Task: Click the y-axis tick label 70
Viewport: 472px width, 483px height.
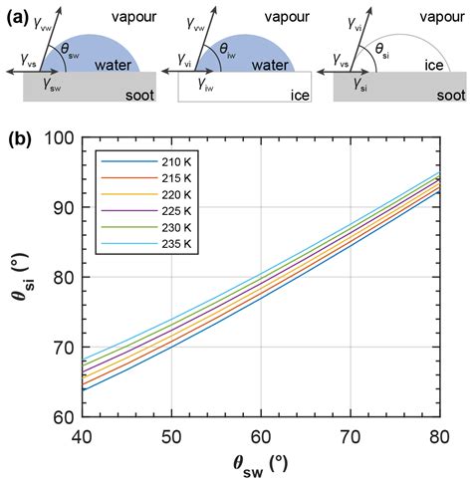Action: [60, 348]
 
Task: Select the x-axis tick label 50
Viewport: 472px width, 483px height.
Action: [171, 434]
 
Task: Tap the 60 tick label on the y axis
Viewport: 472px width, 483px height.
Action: [60, 417]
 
